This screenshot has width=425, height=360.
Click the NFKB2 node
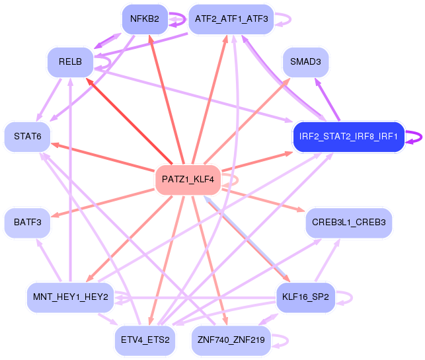[x=144, y=18]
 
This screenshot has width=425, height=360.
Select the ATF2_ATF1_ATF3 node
[x=231, y=18]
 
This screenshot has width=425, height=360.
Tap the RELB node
[x=69, y=61]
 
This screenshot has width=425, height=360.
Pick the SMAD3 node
[x=305, y=62]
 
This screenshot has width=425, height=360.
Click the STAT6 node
[x=27, y=137]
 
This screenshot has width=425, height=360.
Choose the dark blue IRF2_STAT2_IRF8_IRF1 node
[x=348, y=137]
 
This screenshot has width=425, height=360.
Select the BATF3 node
[x=27, y=223]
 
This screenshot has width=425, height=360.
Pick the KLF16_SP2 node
[x=306, y=297]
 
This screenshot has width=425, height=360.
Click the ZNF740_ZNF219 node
[x=231, y=340]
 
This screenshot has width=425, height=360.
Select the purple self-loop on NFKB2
[x=177, y=19]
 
